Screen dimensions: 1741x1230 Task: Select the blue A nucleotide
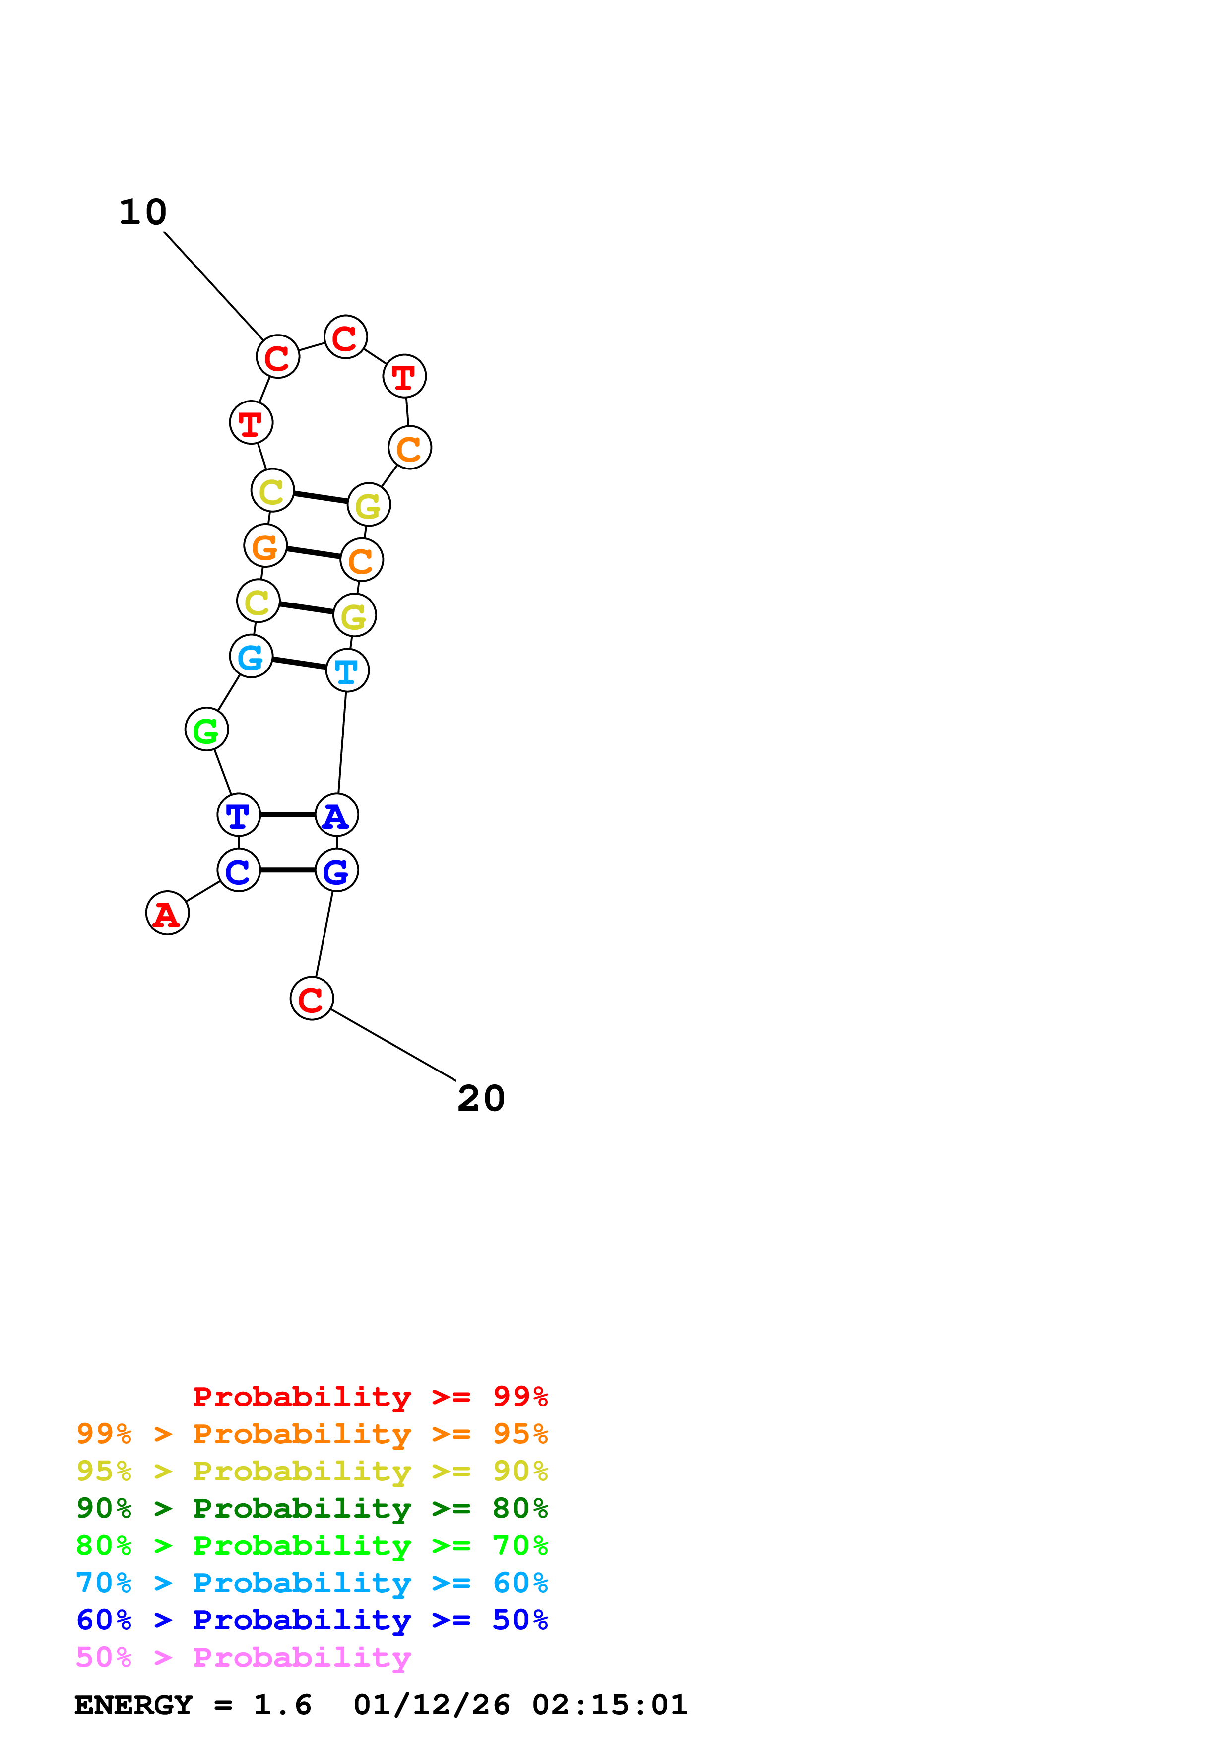[336, 815]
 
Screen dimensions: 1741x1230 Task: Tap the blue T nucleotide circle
[239, 815]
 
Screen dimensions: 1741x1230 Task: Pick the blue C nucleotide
[239, 870]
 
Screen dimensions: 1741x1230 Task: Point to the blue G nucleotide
[336, 870]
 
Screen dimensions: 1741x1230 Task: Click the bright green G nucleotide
[206, 730]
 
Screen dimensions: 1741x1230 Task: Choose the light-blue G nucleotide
[251, 657]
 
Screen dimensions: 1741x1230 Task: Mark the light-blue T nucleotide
[347, 670]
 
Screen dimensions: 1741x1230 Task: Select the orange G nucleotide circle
[265, 546]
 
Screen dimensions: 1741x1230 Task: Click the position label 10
[142, 212]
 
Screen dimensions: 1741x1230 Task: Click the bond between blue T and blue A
[288, 815]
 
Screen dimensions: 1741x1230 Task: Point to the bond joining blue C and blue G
[288, 870]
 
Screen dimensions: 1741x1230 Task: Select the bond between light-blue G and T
[299, 664]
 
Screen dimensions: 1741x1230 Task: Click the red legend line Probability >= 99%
[370, 1396]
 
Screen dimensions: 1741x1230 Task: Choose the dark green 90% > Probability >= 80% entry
[312, 1508]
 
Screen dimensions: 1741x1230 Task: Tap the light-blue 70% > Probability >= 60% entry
[312, 1583]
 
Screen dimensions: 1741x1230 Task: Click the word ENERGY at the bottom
[133, 1705]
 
